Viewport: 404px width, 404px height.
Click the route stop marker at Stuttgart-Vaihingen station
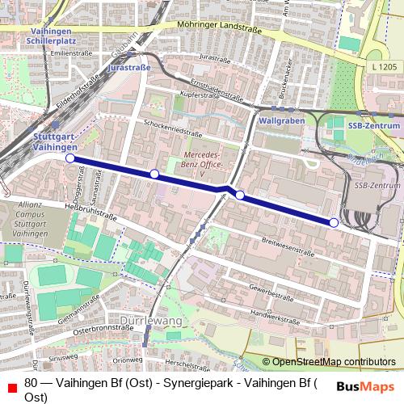[x=69, y=158]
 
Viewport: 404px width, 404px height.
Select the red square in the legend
[x=11, y=389]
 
